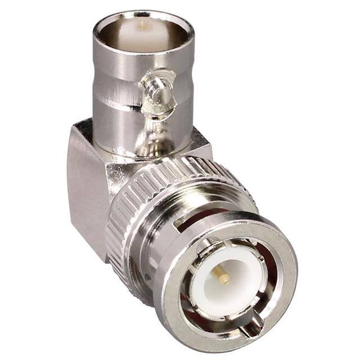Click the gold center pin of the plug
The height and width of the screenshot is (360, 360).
click(x=223, y=276)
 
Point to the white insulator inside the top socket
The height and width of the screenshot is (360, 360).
click(x=144, y=37)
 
